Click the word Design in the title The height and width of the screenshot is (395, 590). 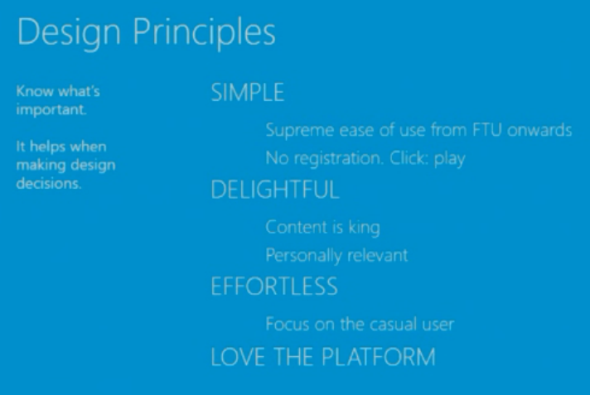(69, 33)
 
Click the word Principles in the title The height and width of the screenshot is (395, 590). (205, 33)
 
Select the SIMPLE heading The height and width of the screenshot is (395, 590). (248, 93)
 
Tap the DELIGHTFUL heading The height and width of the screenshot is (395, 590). (275, 190)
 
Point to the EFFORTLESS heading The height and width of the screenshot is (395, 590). (274, 287)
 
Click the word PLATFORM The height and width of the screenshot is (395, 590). (379, 357)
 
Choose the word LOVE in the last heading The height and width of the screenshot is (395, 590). (238, 357)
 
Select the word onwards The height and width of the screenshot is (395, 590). (539, 130)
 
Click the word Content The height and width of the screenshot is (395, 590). (297, 227)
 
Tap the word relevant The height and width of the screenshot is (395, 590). (377, 255)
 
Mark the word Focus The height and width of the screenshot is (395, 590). (288, 324)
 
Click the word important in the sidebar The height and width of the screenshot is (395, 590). (51, 110)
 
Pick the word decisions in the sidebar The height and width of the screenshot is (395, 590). (49, 183)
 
